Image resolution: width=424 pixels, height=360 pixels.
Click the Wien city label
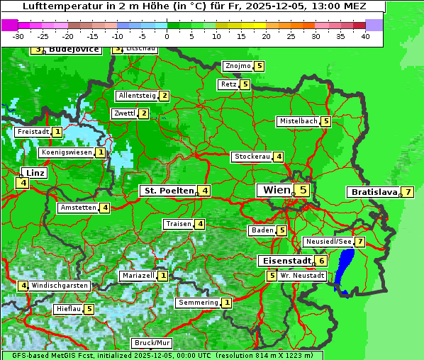[277, 190]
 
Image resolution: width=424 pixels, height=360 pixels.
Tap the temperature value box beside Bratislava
[408, 192]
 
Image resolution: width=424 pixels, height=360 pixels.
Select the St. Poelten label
[168, 191]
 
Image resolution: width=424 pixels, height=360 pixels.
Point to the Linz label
[35, 173]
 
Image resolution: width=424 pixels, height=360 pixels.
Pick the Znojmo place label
[238, 66]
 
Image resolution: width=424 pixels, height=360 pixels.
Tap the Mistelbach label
[298, 121]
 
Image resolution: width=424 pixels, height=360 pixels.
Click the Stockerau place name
[252, 157]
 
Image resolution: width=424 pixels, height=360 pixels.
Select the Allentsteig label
[137, 96]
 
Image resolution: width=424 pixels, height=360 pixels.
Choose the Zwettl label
[124, 113]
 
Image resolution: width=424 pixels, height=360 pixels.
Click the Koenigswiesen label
[67, 152]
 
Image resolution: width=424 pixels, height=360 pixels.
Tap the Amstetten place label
[78, 208]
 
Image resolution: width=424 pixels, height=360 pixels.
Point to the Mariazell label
[138, 275]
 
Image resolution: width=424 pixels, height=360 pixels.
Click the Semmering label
[199, 303]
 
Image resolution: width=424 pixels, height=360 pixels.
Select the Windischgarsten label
[60, 286]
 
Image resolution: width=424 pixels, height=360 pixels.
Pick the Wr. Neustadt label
[302, 276]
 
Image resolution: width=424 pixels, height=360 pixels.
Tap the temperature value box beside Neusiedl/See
[359, 242]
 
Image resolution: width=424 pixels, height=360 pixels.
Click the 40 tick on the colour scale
[365, 35]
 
